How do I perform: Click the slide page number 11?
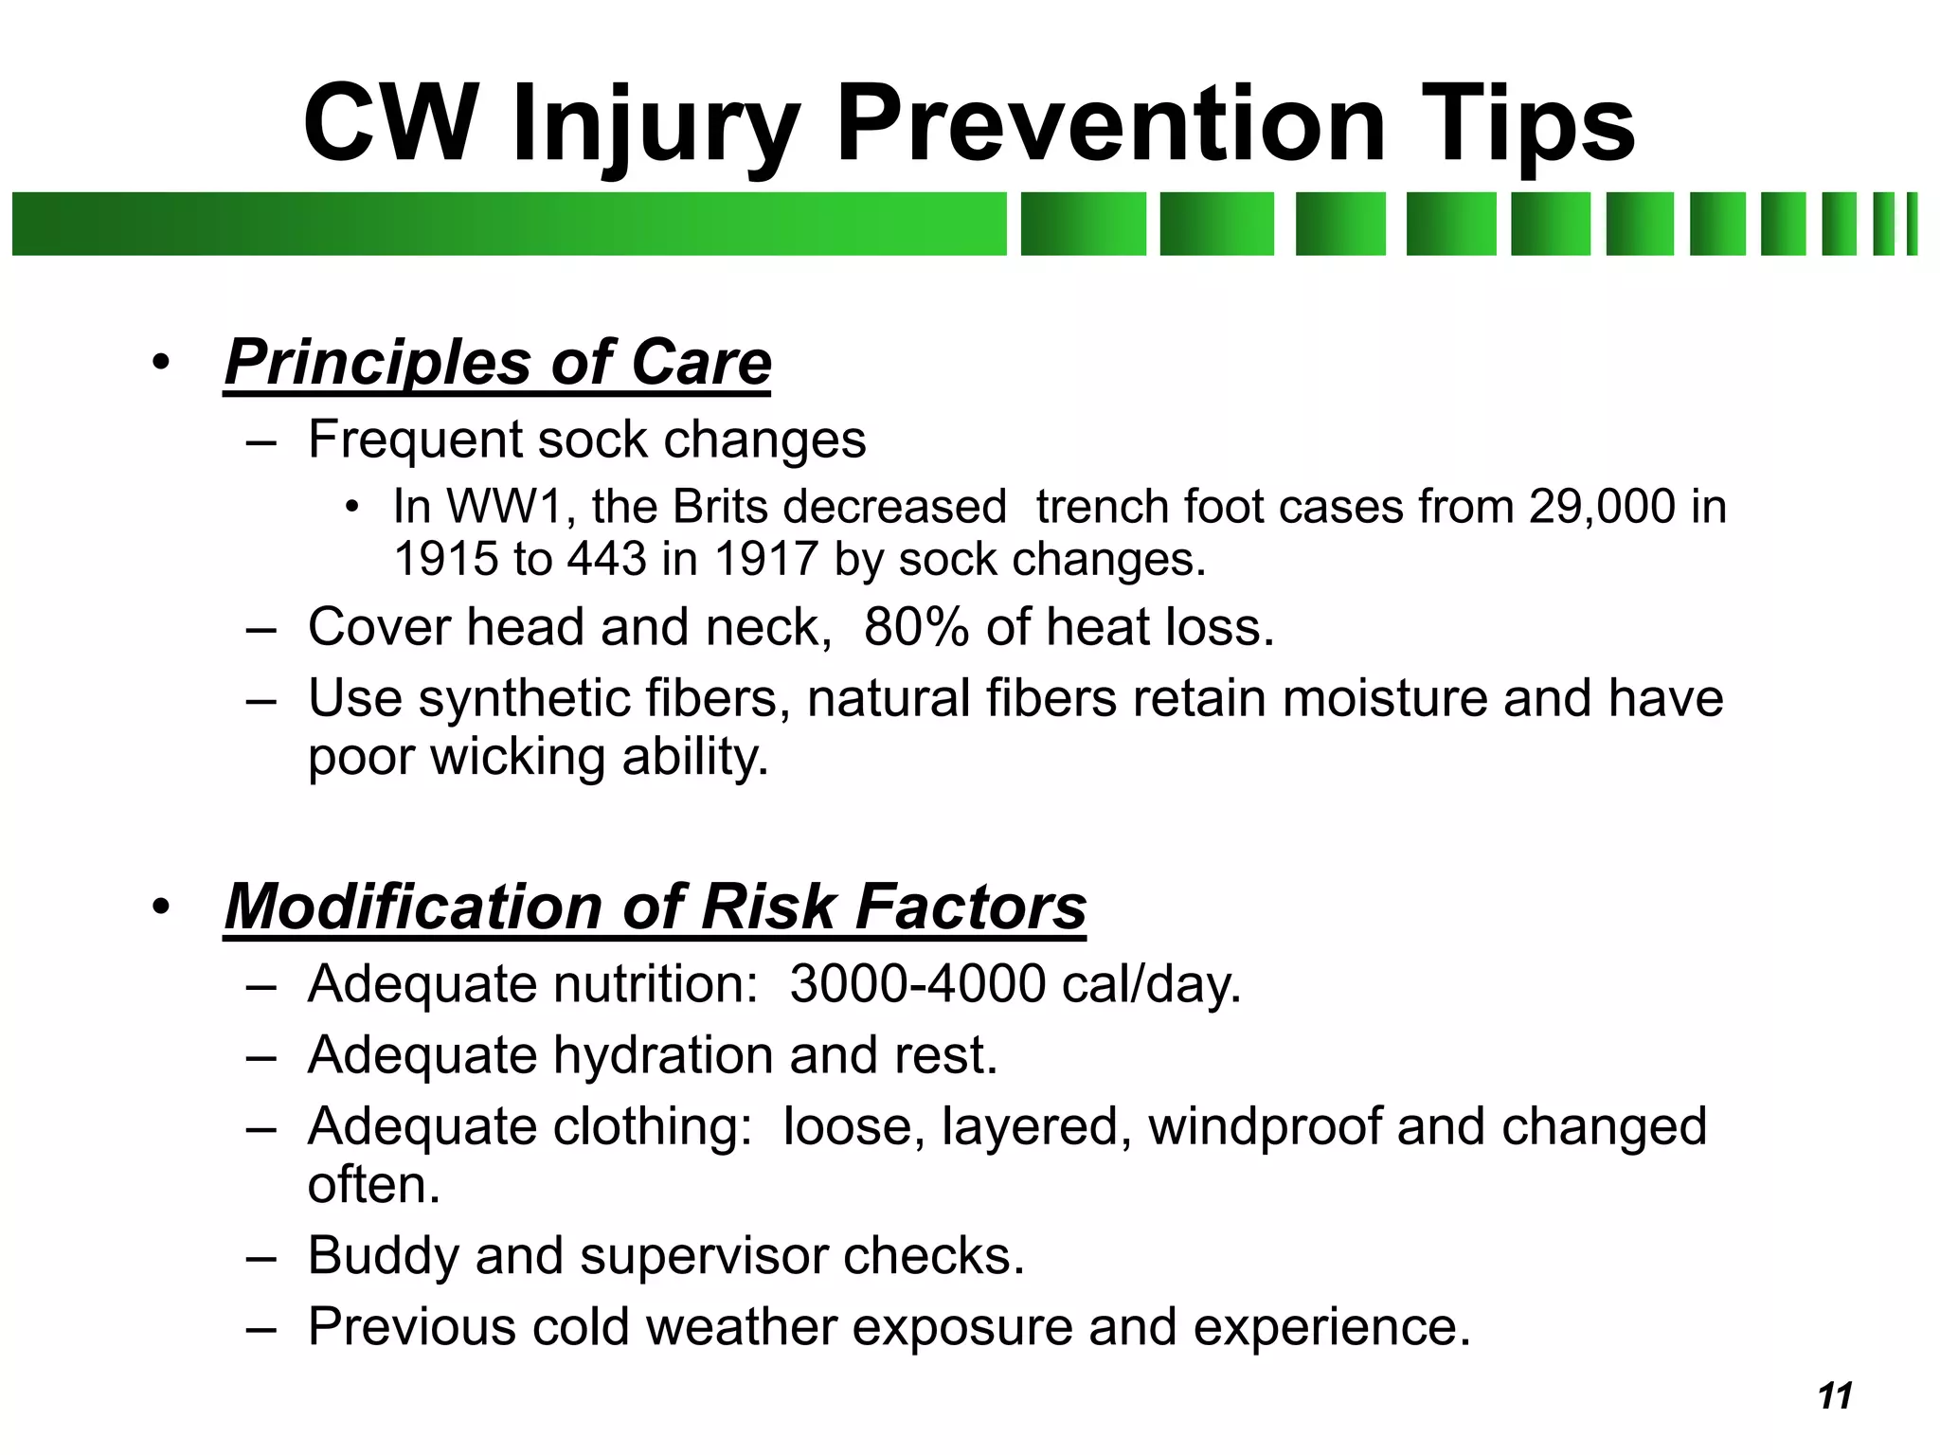tap(1835, 1396)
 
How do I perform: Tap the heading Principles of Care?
tap(498, 363)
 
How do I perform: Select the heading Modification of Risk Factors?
tap(655, 907)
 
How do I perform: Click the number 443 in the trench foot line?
tap(606, 559)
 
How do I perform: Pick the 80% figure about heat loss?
tap(916, 627)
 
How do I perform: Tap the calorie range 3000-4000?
tap(917, 983)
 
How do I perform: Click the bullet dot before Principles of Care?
tap(162, 363)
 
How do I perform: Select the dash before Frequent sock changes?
tap(260, 441)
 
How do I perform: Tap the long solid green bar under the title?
tap(509, 224)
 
